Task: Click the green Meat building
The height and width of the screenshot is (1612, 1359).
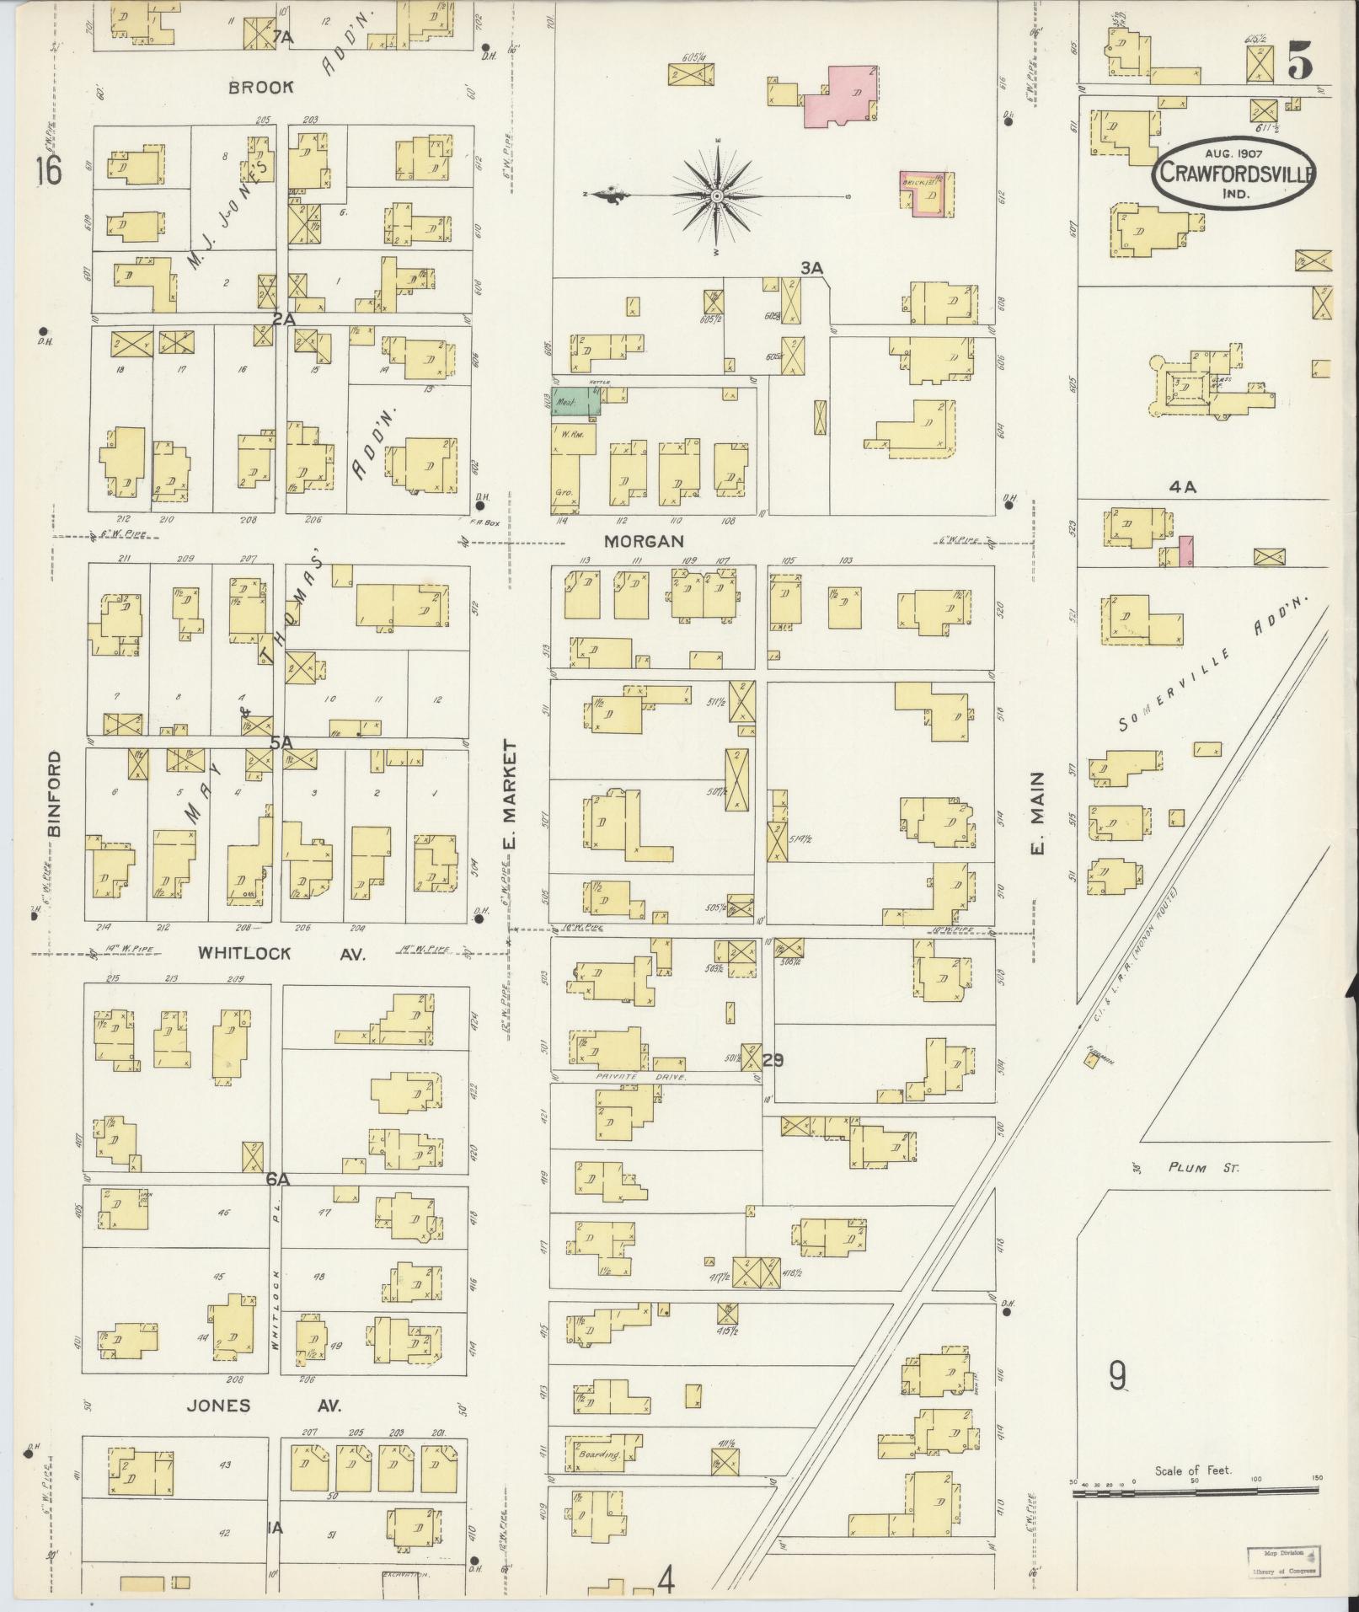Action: [x=577, y=403]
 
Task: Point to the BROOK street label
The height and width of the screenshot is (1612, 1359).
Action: [x=262, y=87]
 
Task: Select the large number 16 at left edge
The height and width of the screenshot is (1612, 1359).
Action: [x=48, y=172]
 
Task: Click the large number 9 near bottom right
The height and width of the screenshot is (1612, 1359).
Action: [x=1117, y=1377]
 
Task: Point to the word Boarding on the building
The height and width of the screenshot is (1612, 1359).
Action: [x=599, y=1454]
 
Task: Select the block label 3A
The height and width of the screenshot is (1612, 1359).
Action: [x=811, y=269]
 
